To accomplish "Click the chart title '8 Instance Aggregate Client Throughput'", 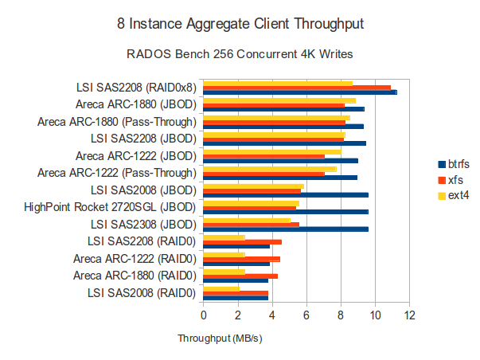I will coord(240,24).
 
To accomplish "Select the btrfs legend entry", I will coord(454,163).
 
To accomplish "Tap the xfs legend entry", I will coord(451,179).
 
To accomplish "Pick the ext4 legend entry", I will coord(452,195).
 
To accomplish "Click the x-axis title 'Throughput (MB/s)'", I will coord(220,338).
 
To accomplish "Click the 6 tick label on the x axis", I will coord(306,315).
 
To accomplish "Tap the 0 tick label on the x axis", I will coord(203,315).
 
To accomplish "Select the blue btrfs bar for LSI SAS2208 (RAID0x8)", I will coord(299,93).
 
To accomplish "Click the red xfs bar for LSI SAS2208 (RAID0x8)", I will coord(297,88).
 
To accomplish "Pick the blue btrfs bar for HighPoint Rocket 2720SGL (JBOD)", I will coord(285,212).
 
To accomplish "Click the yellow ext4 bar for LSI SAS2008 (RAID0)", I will coord(221,288).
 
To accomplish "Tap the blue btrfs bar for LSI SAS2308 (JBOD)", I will coord(285,229).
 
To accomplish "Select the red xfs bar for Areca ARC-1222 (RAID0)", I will coord(241,259).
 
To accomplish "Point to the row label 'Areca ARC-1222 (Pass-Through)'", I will coord(116,173).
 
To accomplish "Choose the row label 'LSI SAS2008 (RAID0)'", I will coord(142,293).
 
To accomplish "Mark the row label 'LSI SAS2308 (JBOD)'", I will coord(143,225).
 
